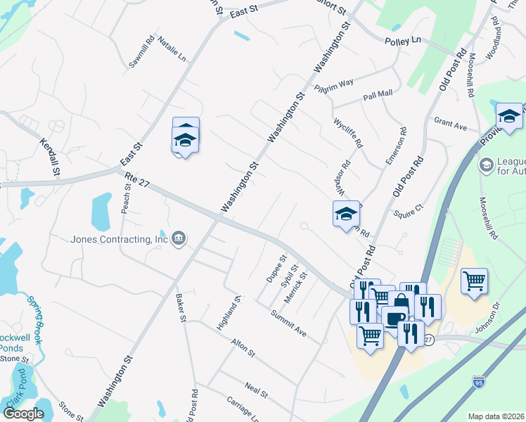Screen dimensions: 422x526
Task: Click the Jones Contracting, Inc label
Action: pos(120,238)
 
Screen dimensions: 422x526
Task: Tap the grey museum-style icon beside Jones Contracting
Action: pos(179,238)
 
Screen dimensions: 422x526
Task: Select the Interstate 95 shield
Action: pos(479,382)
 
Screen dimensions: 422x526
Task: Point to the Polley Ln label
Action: pos(402,42)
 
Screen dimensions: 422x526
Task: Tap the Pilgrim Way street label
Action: pos(333,84)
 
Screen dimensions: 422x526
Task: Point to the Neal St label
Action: pos(255,387)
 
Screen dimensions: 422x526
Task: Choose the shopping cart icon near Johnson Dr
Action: pos(475,281)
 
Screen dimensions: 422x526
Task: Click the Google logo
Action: pos(23,413)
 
